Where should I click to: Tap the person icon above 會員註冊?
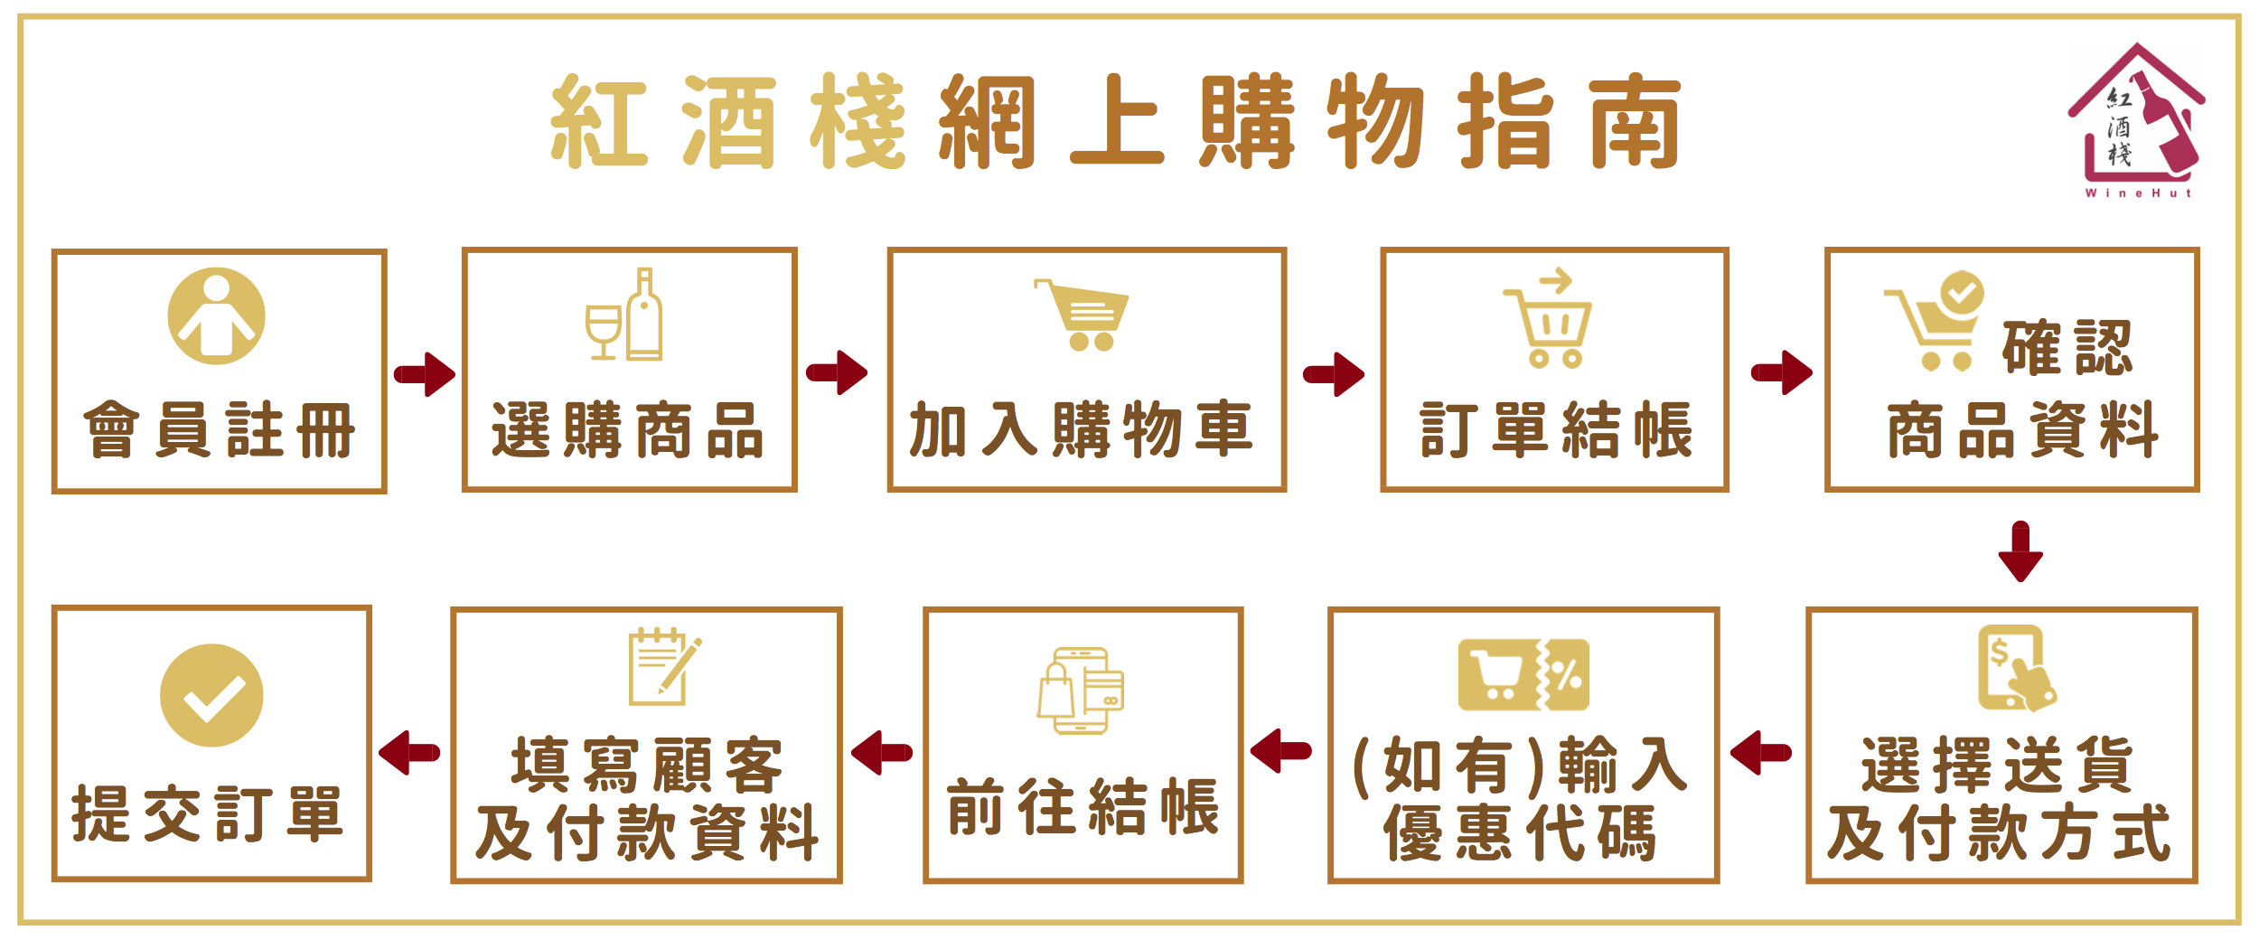coord(217,316)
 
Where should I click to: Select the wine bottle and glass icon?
coord(625,315)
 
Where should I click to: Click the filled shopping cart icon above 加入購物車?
coord(1083,315)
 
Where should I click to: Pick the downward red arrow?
coord(2020,551)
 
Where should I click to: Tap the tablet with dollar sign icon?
coord(2016,669)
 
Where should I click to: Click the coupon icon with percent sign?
coord(1523,675)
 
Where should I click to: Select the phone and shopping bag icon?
coord(1081,691)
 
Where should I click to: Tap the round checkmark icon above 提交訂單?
coord(211,696)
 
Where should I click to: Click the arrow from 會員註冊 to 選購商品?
coord(425,374)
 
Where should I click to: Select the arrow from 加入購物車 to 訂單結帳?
coord(1334,374)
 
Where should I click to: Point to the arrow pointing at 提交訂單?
coord(410,753)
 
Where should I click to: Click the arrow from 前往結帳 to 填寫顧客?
coord(882,753)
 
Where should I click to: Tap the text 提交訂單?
coord(208,814)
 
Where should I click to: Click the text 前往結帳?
coord(1083,807)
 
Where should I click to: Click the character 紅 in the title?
coord(599,122)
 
